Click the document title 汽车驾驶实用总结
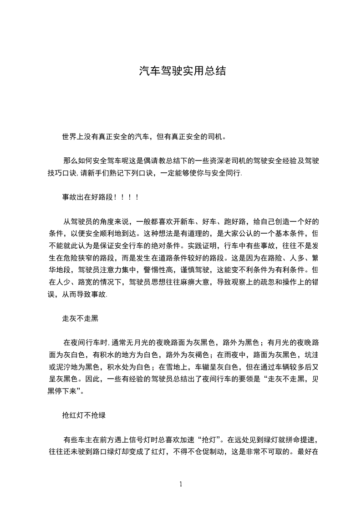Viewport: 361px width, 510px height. [x=182, y=71]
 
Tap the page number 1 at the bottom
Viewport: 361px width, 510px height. [x=181, y=484]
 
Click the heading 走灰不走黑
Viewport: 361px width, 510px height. [x=80, y=319]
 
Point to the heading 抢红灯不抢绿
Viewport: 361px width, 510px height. [x=85, y=415]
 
